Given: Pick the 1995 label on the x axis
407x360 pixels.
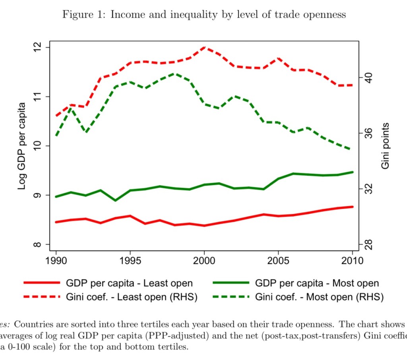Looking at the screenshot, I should point(130,261).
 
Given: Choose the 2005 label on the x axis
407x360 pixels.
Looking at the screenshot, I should point(278,261).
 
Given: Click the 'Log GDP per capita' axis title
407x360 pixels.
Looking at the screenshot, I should point(22,146).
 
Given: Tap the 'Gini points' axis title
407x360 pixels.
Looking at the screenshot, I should point(385,146).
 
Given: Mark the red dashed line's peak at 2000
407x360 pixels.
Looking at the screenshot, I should point(204,47).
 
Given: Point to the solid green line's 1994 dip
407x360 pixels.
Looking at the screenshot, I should point(115,200).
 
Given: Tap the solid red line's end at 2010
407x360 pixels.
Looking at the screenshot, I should point(352,207).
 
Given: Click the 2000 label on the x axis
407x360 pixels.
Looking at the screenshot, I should point(204,261).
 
